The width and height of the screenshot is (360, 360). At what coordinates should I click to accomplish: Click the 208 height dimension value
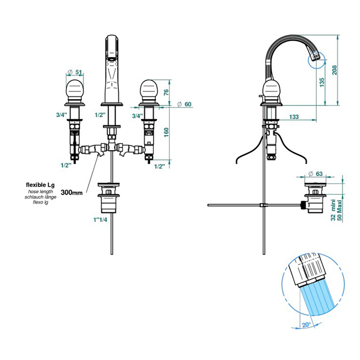click(x=334, y=70)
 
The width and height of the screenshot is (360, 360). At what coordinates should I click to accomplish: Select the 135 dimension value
click(x=322, y=82)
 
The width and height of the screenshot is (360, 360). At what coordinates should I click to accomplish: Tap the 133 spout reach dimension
click(x=294, y=117)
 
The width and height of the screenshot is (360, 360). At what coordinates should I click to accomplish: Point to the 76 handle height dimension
click(x=166, y=92)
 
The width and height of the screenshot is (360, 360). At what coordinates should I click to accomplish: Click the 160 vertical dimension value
click(x=166, y=133)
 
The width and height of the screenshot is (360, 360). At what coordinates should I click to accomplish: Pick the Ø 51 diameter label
click(x=75, y=72)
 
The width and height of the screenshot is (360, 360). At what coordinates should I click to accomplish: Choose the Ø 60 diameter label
click(x=184, y=104)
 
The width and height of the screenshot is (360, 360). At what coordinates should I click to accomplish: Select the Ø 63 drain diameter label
click(x=315, y=174)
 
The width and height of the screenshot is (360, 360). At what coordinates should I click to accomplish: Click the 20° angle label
click(x=307, y=325)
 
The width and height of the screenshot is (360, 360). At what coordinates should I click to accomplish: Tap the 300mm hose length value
click(x=71, y=192)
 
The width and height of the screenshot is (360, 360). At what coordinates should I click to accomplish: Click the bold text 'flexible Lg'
click(x=40, y=185)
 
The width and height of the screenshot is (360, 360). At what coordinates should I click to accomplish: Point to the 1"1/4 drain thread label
click(x=100, y=220)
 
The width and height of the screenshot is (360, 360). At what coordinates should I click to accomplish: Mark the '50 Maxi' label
click(x=339, y=210)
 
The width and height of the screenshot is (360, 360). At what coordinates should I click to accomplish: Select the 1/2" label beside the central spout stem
click(x=100, y=115)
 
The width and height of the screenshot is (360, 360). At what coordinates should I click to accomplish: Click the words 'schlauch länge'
click(x=41, y=197)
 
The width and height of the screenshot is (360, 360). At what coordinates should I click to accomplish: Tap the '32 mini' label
click(x=333, y=210)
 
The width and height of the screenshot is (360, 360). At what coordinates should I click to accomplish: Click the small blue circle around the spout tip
click(x=317, y=60)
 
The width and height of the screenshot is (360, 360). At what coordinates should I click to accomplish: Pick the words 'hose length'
click(x=41, y=191)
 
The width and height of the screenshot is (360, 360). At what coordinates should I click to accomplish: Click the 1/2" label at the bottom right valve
click(x=159, y=167)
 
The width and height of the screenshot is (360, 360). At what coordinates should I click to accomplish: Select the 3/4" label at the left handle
click(x=61, y=115)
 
